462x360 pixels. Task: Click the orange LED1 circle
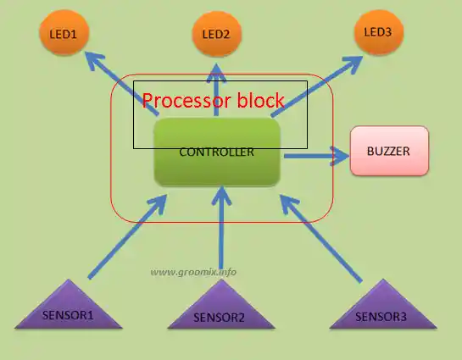pyautogui.click(x=64, y=32)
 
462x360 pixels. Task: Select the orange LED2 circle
pyautogui.click(x=216, y=34)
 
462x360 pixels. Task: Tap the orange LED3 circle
pyautogui.click(x=379, y=32)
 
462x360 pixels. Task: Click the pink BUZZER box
pyautogui.click(x=389, y=151)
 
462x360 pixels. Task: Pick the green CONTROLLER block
pyautogui.click(x=217, y=152)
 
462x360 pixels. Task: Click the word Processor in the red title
pyautogui.click(x=186, y=101)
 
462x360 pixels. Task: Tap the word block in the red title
pyautogui.click(x=261, y=100)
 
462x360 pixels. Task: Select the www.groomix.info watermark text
pyautogui.click(x=193, y=272)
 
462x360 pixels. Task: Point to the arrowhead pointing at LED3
pyautogui.click(x=354, y=63)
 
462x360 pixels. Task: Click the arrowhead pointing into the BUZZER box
pyautogui.click(x=340, y=156)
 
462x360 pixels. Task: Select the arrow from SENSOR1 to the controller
pyautogui.click(x=128, y=236)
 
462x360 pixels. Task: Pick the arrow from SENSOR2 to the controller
pyautogui.click(x=221, y=228)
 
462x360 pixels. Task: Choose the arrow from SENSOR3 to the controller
pyautogui.click(x=321, y=238)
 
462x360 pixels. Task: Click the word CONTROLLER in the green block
pyautogui.click(x=216, y=152)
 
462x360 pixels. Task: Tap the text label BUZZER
pyautogui.click(x=388, y=151)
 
